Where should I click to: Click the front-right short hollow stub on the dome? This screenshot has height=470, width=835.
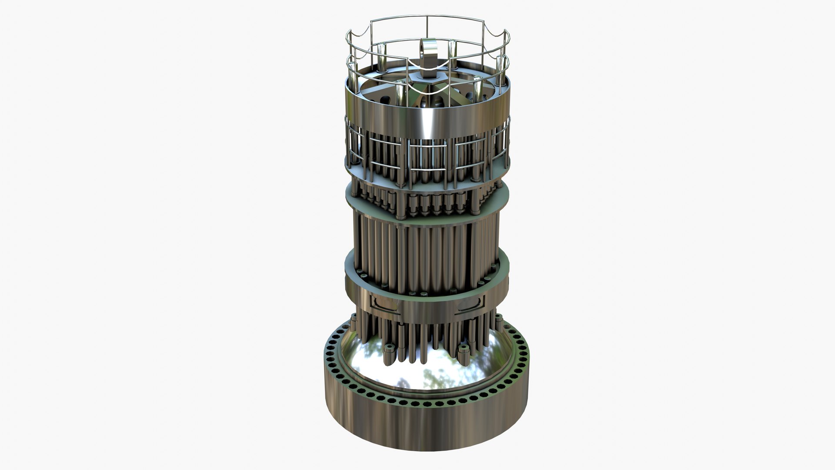[464, 348]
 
